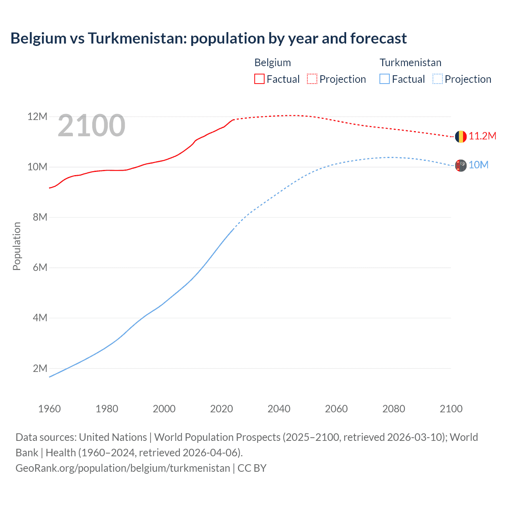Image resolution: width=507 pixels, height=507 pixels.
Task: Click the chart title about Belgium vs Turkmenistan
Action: click(x=208, y=38)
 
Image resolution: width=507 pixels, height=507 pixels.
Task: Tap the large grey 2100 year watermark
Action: click(x=91, y=126)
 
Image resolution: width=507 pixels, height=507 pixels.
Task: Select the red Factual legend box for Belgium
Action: click(x=259, y=79)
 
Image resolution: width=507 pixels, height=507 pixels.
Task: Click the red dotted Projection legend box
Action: click(x=312, y=79)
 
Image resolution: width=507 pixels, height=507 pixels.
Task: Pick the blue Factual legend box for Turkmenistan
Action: click(x=385, y=79)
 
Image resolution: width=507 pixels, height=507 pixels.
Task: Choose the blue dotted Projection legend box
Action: click(x=438, y=79)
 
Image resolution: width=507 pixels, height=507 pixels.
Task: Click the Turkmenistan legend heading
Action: click(x=410, y=63)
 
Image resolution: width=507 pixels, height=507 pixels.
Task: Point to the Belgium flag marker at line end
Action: click(x=461, y=137)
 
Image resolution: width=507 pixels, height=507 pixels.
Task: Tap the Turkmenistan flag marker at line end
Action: click(x=461, y=166)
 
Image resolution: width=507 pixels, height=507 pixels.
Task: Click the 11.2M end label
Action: click(x=482, y=136)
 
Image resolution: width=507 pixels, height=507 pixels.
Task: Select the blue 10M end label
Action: click(x=478, y=165)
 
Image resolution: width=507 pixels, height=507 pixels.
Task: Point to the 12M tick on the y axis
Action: click(x=37, y=116)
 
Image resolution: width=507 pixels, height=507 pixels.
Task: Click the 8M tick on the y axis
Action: click(x=40, y=217)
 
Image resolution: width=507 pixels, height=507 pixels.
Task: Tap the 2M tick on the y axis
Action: click(x=40, y=368)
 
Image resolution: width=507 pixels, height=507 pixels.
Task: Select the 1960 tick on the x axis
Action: click(x=50, y=409)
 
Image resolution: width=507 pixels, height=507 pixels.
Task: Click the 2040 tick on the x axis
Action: click(x=279, y=409)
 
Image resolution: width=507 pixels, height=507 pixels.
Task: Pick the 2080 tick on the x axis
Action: click(x=394, y=409)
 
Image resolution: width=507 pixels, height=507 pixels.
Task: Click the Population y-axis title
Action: click(x=17, y=246)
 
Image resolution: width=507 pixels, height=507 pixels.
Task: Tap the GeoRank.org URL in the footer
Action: click(x=123, y=468)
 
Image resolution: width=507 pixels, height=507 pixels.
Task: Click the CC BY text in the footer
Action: click(x=252, y=468)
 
